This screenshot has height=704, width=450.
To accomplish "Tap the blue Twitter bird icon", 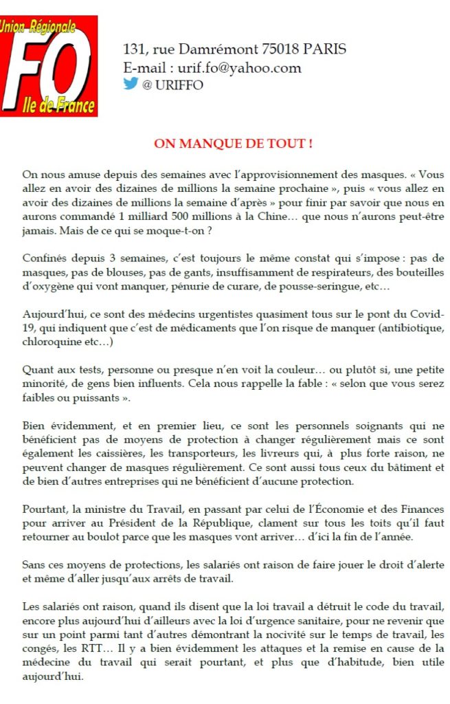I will click(x=131, y=84).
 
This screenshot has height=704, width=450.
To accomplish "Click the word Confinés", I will click(x=45, y=258).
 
